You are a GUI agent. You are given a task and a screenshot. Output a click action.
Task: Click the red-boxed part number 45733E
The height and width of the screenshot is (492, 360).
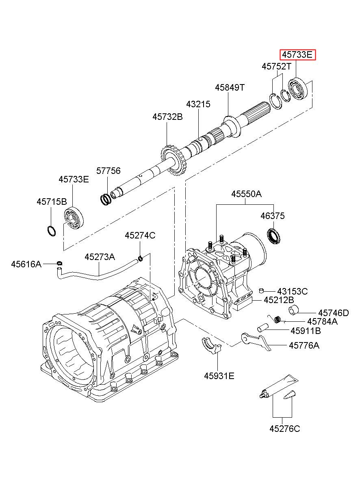[297, 55]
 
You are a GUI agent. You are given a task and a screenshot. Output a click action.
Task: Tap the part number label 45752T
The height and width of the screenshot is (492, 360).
[277, 66]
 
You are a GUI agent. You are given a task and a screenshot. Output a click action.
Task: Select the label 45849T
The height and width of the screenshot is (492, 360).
[230, 87]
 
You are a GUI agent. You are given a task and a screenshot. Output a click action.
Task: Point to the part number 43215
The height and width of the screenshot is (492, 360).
[198, 104]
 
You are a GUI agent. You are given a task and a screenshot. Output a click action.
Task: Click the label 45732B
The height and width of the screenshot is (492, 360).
[167, 117]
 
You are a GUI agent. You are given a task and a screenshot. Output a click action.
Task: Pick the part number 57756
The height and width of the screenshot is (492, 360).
[108, 171]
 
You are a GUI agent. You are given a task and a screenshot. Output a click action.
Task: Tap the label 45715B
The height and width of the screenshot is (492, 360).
[52, 202]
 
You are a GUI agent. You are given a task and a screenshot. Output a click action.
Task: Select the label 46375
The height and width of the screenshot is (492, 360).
[273, 216]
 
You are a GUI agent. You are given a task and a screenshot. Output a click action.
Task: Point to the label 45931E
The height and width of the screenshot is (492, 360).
[219, 376]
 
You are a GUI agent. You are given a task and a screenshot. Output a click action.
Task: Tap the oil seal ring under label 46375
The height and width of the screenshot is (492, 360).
[274, 236]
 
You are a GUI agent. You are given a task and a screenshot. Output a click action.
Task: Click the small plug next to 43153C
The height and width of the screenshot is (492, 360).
[261, 290]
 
